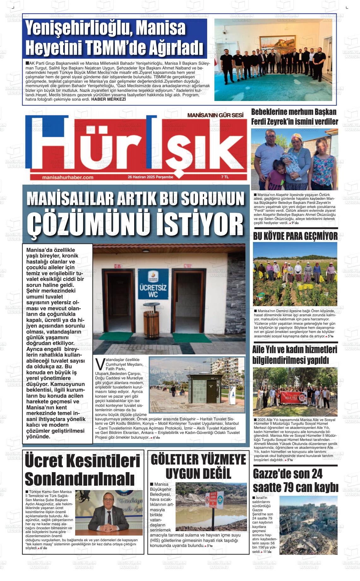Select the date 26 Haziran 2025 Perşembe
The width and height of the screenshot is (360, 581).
[x=150, y=177]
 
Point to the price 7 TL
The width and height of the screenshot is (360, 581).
[x=225, y=177]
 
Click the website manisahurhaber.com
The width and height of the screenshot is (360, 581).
[x=68, y=177]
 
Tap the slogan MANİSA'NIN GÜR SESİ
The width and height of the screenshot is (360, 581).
[x=215, y=116]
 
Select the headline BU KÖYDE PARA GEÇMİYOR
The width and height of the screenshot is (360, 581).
[x=295, y=236]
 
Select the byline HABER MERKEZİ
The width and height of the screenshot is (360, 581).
[x=108, y=99]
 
